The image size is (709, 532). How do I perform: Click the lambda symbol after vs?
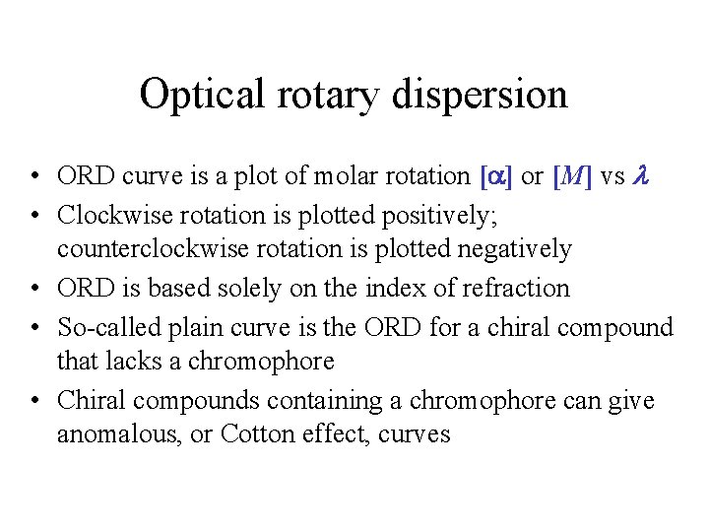(644, 176)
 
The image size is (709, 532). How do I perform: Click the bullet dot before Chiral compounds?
(33, 402)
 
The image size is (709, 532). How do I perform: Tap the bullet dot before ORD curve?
(33, 178)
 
